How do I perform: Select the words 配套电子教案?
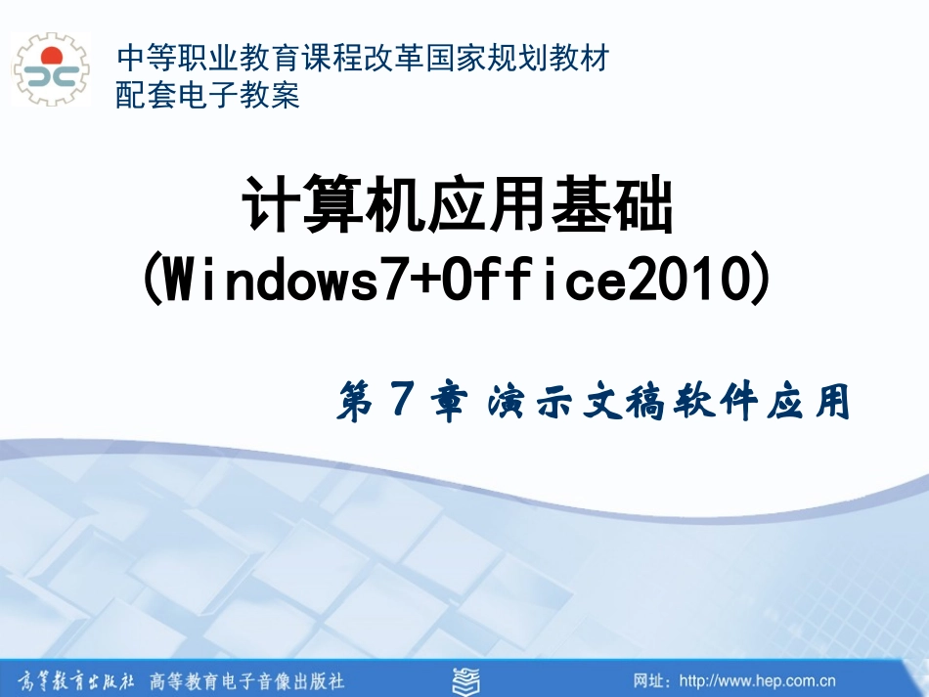coord(207,95)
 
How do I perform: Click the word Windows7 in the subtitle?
coord(276,282)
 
